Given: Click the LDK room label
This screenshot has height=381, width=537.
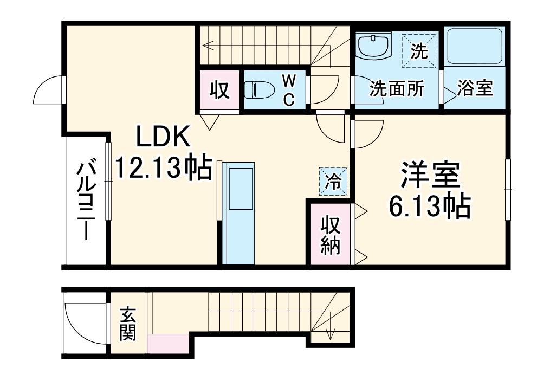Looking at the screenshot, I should [163, 138].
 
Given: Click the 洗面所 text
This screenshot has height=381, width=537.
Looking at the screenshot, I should [397, 89].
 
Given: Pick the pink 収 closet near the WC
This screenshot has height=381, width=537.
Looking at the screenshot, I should [219, 90].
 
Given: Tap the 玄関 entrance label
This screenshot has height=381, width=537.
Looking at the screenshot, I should [127, 324].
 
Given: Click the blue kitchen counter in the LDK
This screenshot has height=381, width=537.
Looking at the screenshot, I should [238, 214].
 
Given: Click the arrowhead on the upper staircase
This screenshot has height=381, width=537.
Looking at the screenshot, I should [206, 46].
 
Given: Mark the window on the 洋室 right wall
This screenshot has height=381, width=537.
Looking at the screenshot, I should [508, 190].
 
